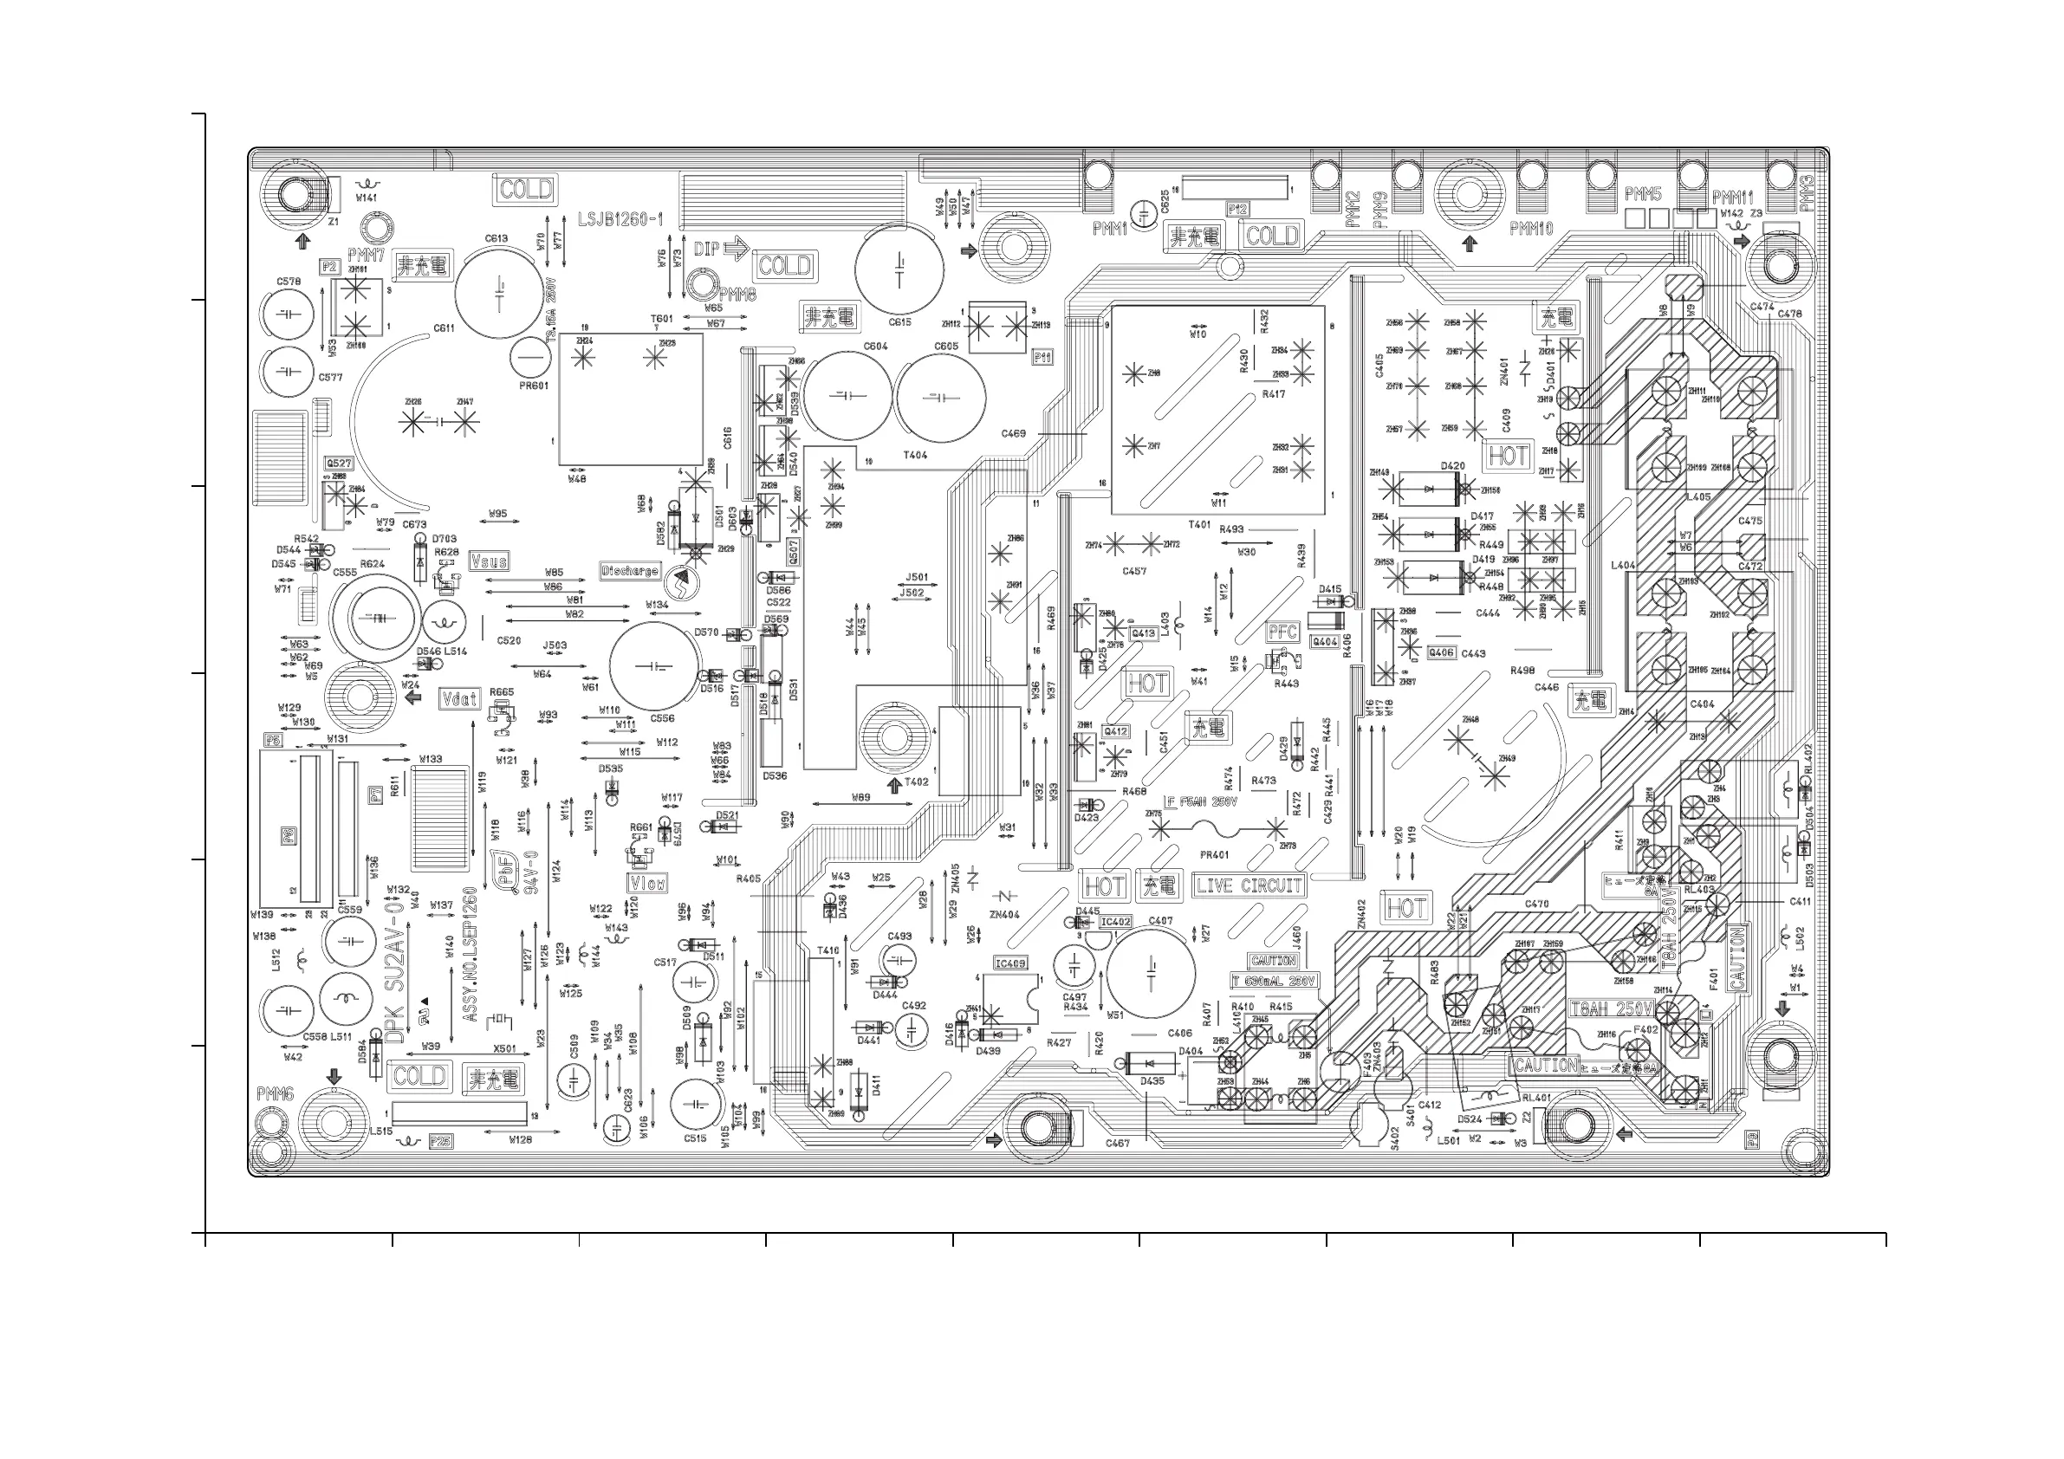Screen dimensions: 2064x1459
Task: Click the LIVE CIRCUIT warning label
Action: tap(1249, 885)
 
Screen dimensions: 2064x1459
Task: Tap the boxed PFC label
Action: tap(1282, 632)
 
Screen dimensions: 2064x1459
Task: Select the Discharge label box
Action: tap(630, 571)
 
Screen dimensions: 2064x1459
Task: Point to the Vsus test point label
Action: tap(489, 561)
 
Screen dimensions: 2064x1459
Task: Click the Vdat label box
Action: tap(459, 698)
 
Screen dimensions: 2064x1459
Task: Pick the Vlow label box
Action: tap(647, 884)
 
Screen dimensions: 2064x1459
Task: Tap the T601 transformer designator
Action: tap(662, 319)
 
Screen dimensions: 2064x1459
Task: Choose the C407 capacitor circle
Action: tap(1151, 973)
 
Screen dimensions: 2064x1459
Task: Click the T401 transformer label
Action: tap(1199, 525)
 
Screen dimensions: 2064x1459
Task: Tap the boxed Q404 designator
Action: tap(1325, 642)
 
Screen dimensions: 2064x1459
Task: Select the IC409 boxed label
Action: tap(1010, 963)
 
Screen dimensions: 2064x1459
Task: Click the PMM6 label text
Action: tap(275, 1094)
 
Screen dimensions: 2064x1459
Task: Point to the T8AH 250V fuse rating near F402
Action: tap(1611, 1008)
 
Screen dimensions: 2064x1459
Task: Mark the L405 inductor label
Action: tap(1698, 497)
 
